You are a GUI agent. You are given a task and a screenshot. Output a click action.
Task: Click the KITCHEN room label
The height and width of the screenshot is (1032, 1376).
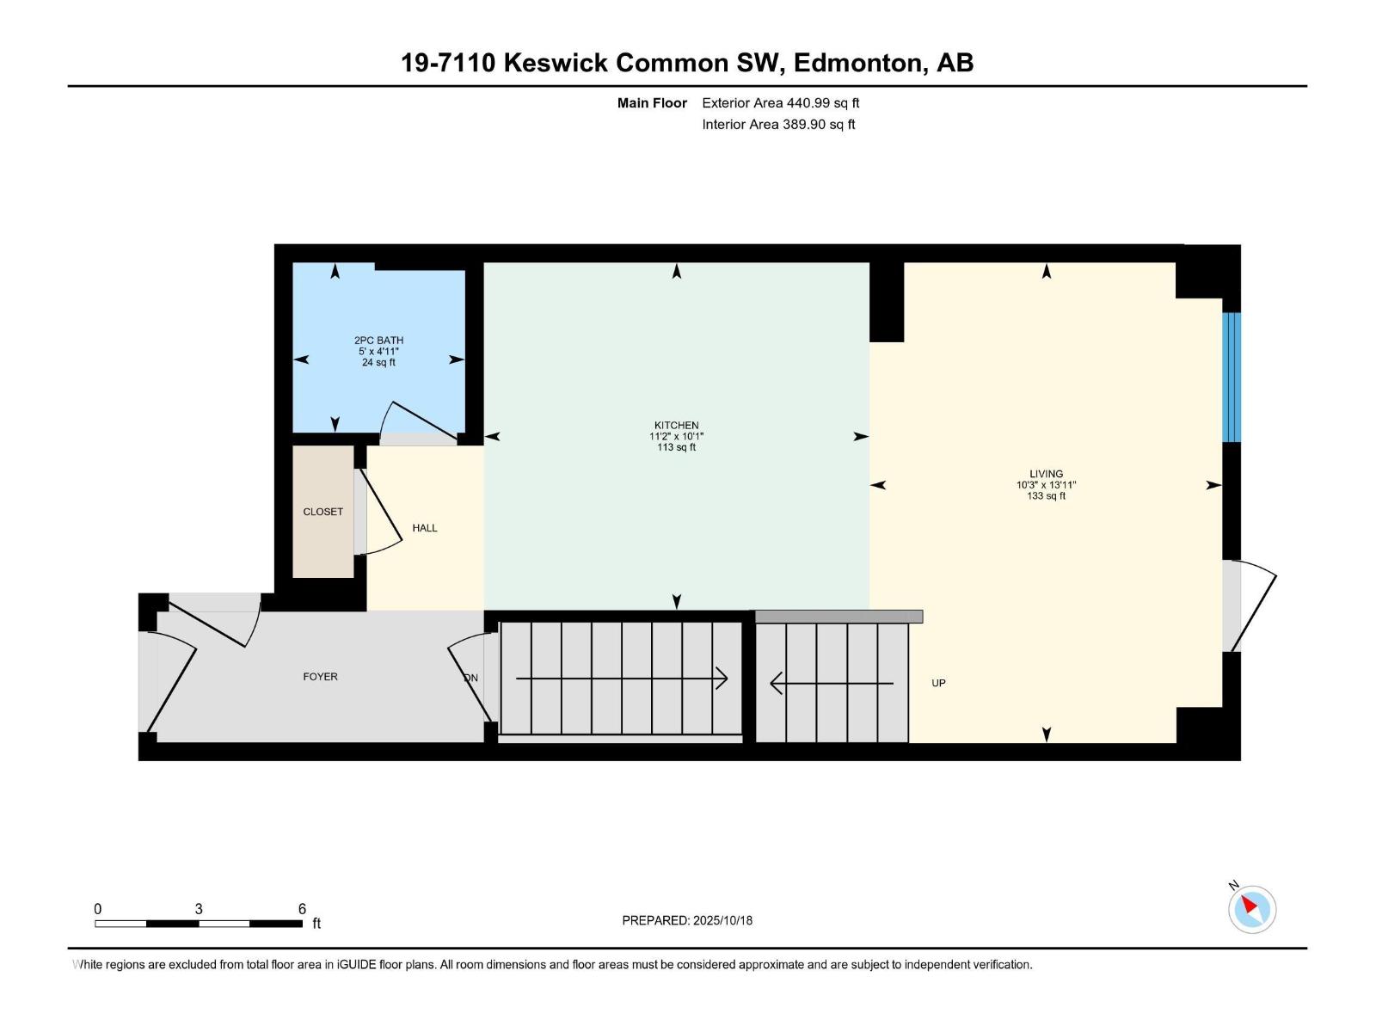[676, 425]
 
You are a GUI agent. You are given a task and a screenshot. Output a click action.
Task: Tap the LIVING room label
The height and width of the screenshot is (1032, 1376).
[1046, 474]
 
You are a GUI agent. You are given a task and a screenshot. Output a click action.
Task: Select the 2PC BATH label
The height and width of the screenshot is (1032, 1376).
[378, 341]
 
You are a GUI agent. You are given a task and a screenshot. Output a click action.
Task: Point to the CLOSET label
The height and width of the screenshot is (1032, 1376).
[322, 512]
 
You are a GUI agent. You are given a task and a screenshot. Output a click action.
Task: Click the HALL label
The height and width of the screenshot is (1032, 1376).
[425, 528]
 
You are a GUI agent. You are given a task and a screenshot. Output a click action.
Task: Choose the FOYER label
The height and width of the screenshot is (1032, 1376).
[320, 677]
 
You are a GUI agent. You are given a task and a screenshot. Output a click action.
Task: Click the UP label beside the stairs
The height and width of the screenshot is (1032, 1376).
[938, 683]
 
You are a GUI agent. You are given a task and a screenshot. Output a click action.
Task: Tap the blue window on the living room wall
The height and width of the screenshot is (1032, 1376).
[1232, 377]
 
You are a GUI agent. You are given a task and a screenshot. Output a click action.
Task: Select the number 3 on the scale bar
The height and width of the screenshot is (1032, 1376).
[199, 909]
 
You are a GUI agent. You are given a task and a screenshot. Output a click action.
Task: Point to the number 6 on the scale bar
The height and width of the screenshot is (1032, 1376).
[302, 909]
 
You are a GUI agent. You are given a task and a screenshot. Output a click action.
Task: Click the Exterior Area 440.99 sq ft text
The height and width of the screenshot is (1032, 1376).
[780, 103]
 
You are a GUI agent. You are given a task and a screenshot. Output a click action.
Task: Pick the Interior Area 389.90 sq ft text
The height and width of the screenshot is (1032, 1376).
[778, 125]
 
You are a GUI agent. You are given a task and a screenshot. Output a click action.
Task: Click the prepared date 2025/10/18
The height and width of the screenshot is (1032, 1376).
[722, 920]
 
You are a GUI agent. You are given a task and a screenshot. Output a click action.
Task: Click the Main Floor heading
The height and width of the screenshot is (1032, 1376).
[652, 103]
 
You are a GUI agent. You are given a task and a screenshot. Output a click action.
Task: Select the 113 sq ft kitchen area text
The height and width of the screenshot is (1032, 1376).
[676, 447]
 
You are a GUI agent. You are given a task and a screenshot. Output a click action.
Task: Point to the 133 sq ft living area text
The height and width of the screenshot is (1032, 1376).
[1046, 496]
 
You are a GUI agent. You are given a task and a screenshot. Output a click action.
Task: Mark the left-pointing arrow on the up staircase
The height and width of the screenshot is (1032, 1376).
[777, 684]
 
